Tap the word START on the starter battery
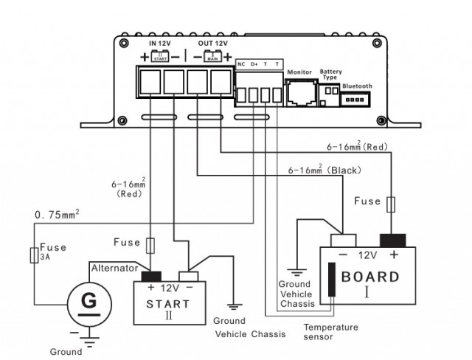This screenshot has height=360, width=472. pyautogui.click(x=168, y=303)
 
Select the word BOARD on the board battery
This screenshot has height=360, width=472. pyautogui.click(x=370, y=278)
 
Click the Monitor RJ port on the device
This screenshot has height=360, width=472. pyautogui.click(x=300, y=93)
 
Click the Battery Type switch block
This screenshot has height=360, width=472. pyautogui.click(x=330, y=89)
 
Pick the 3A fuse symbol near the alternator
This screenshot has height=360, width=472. pyautogui.click(x=33, y=255)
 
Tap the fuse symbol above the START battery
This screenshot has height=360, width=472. pyautogui.click(x=150, y=243)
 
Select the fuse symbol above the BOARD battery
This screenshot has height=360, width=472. pyautogui.click(x=392, y=203)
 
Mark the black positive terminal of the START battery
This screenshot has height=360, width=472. pyautogui.click(x=152, y=274)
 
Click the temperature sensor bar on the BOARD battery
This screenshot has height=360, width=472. pyautogui.click(x=333, y=280)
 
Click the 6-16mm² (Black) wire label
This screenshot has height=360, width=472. pyautogui.click(x=324, y=170)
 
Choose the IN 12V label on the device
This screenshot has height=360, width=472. pyautogui.click(x=161, y=44)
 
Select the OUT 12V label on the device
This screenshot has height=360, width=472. pyautogui.click(x=212, y=44)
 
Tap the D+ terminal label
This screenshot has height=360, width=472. pyautogui.click(x=254, y=64)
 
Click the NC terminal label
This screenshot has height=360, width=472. pyautogui.click(x=241, y=64)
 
